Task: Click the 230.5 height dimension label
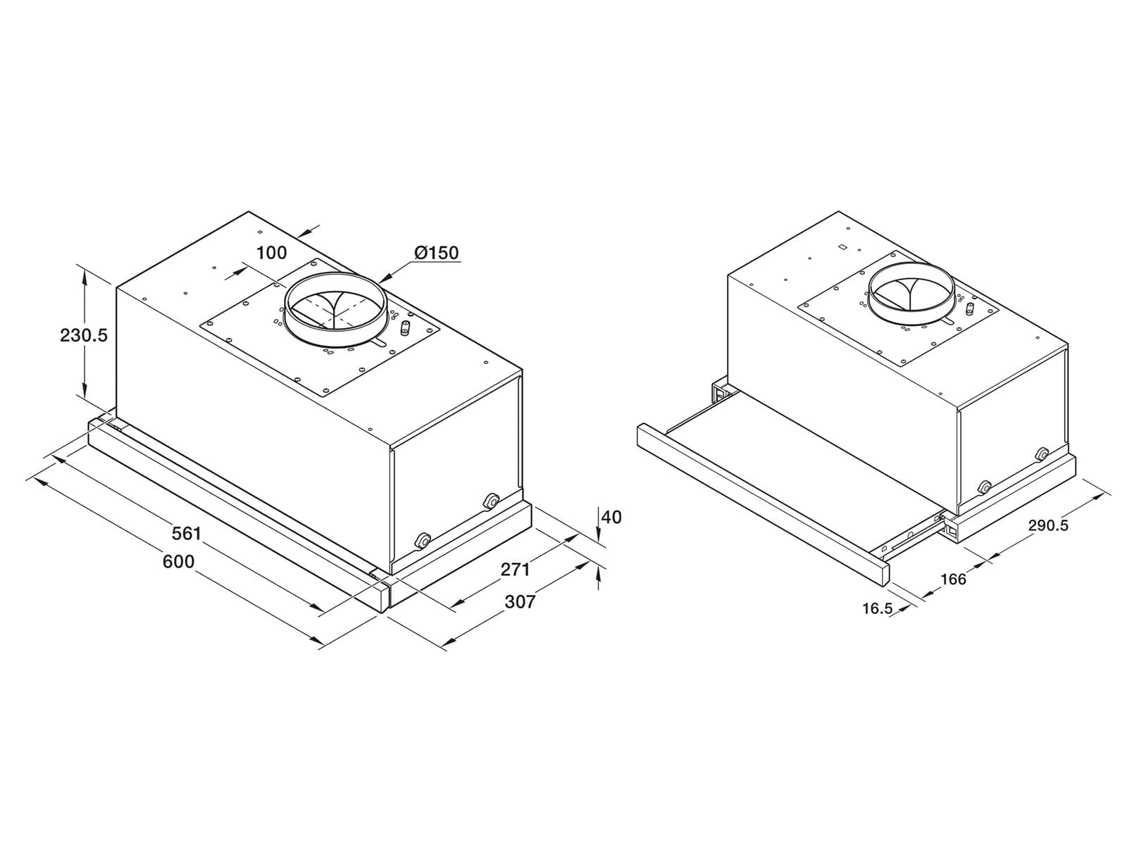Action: (x=84, y=336)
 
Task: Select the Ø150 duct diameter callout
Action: (x=437, y=252)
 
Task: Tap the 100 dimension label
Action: (x=272, y=252)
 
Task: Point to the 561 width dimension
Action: (x=187, y=534)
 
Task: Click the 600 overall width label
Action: (x=179, y=562)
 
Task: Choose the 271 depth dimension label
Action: (x=515, y=569)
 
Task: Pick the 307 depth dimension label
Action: (x=520, y=601)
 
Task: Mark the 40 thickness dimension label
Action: (x=611, y=517)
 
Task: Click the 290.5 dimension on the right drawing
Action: (x=1048, y=525)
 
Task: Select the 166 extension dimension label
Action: (x=954, y=580)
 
